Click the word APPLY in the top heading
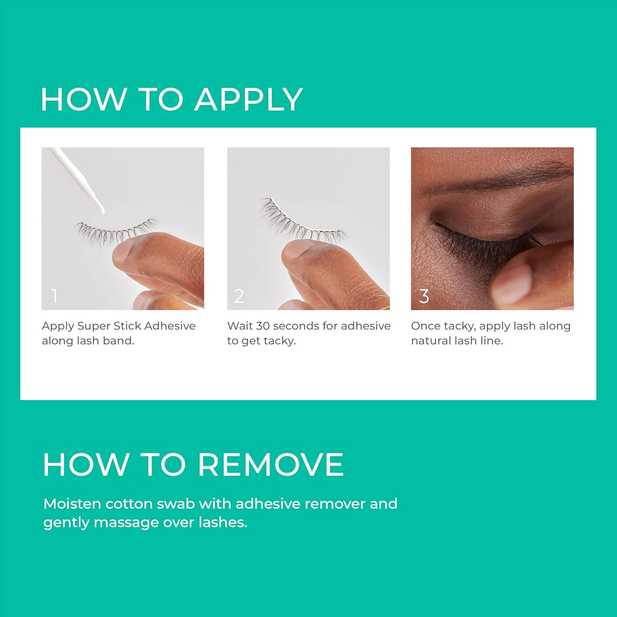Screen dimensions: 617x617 point(249,100)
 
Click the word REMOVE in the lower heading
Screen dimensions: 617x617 point(271,465)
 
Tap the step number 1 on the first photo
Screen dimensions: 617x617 point(54,296)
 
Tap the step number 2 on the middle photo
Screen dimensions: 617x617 point(239,296)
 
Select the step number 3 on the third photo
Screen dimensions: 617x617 point(424,296)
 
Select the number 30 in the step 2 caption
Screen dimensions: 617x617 point(263,326)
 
